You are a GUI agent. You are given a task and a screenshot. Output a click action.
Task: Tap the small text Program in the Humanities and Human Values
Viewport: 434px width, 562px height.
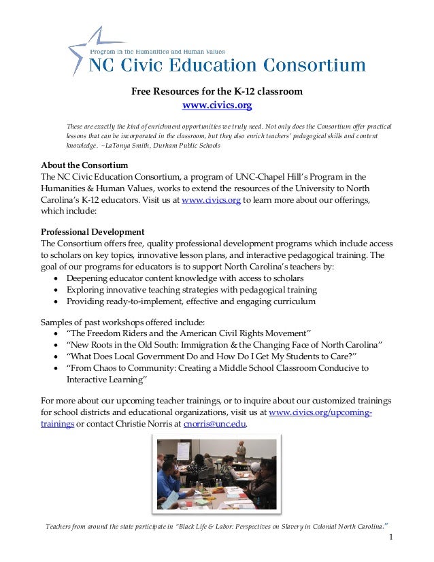click(x=158, y=51)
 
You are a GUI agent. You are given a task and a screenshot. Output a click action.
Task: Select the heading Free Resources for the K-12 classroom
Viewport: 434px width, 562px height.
click(x=217, y=91)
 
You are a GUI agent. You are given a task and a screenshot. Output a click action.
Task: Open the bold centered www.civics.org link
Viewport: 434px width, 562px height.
click(x=217, y=105)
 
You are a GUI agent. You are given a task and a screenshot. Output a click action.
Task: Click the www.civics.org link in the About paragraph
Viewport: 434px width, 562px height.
click(x=212, y=201)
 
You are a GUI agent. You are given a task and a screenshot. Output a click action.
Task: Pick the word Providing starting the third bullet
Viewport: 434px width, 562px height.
click(x=86, y=302)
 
